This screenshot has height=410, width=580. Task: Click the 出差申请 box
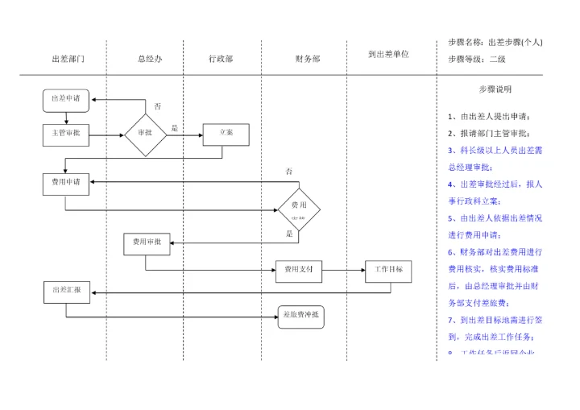tap(66, 99)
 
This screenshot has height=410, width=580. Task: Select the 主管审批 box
tap(65, 135)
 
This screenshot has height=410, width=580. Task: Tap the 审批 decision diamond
tap(145, 134)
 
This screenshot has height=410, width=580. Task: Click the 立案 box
tap(226, 135)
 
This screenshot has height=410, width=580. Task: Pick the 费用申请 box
tap(66, 182)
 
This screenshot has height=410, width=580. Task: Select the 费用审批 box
tap(147, 242)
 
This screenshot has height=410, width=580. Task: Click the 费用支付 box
tap(299, 272)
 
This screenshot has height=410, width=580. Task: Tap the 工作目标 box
tap(389, 271)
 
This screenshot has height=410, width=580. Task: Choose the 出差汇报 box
tap(66, 292)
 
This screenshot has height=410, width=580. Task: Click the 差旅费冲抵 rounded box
tap(301, 315)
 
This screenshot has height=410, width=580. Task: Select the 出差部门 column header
tap(68, 59)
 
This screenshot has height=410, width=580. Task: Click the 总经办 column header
tap(151, 59)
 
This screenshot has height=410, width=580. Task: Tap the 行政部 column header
tap(221, 59)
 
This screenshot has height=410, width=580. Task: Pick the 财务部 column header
tap(308, 59)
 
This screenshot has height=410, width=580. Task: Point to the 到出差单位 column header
tap(388, 55)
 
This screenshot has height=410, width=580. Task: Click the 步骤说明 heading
tap(495, 89)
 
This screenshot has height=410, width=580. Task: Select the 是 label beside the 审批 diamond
tap(175, 127)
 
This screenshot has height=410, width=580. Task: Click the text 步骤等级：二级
tap(477, 59)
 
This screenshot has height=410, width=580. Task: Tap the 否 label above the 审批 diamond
tap(157, 106)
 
